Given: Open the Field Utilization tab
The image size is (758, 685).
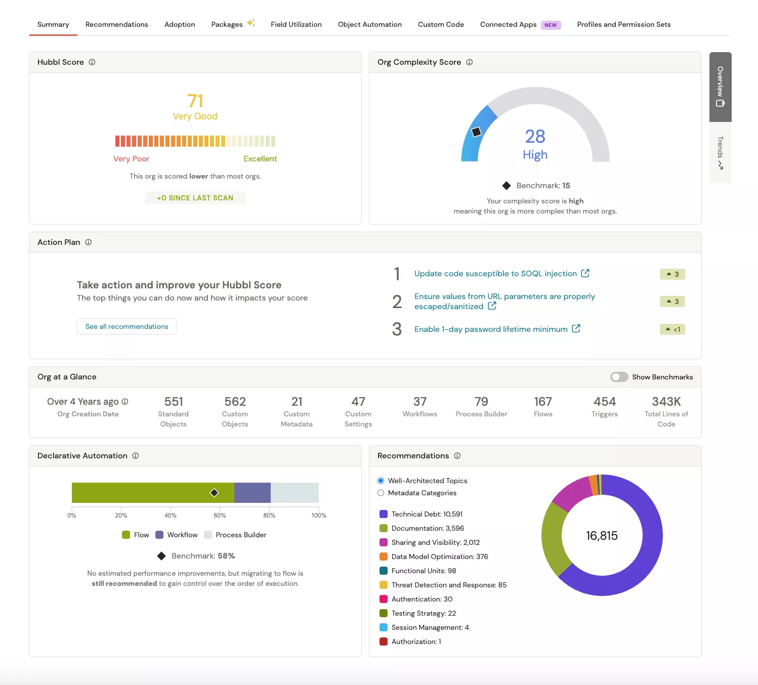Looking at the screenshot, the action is tap(296, 24).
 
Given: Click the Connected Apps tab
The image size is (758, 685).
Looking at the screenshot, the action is tap(508, 24).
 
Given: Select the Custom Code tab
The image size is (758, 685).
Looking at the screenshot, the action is tap(441, 24).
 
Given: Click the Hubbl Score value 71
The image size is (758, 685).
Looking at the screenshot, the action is tap(195, 101).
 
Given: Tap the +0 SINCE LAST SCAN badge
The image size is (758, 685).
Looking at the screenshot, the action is tap(195, 198).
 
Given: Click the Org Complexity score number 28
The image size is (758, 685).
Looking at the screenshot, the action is tap(535, 137).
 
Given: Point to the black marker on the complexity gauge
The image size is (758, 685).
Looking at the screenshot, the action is tap(476, 132).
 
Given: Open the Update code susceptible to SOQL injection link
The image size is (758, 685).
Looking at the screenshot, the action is tap(495, 274).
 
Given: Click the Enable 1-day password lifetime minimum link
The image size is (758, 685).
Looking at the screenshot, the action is tap(491, 329).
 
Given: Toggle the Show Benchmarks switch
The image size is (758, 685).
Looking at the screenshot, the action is tap(619, 377).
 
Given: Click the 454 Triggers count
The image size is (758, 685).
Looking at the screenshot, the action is tap(605, 402).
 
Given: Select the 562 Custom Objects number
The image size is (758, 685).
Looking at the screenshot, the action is tap(235, 402).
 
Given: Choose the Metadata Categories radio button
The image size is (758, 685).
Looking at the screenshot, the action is tap(381, 493).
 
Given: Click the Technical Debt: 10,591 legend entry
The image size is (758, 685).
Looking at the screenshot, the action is tap(427, 514).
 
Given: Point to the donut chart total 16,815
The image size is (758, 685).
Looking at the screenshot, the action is tap(602, 536).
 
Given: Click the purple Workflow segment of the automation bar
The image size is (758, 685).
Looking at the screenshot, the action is tap(252, 493).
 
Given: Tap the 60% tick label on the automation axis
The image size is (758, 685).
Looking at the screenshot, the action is tap(220, 516).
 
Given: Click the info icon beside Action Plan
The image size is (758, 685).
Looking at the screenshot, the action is tap(89, 242).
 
